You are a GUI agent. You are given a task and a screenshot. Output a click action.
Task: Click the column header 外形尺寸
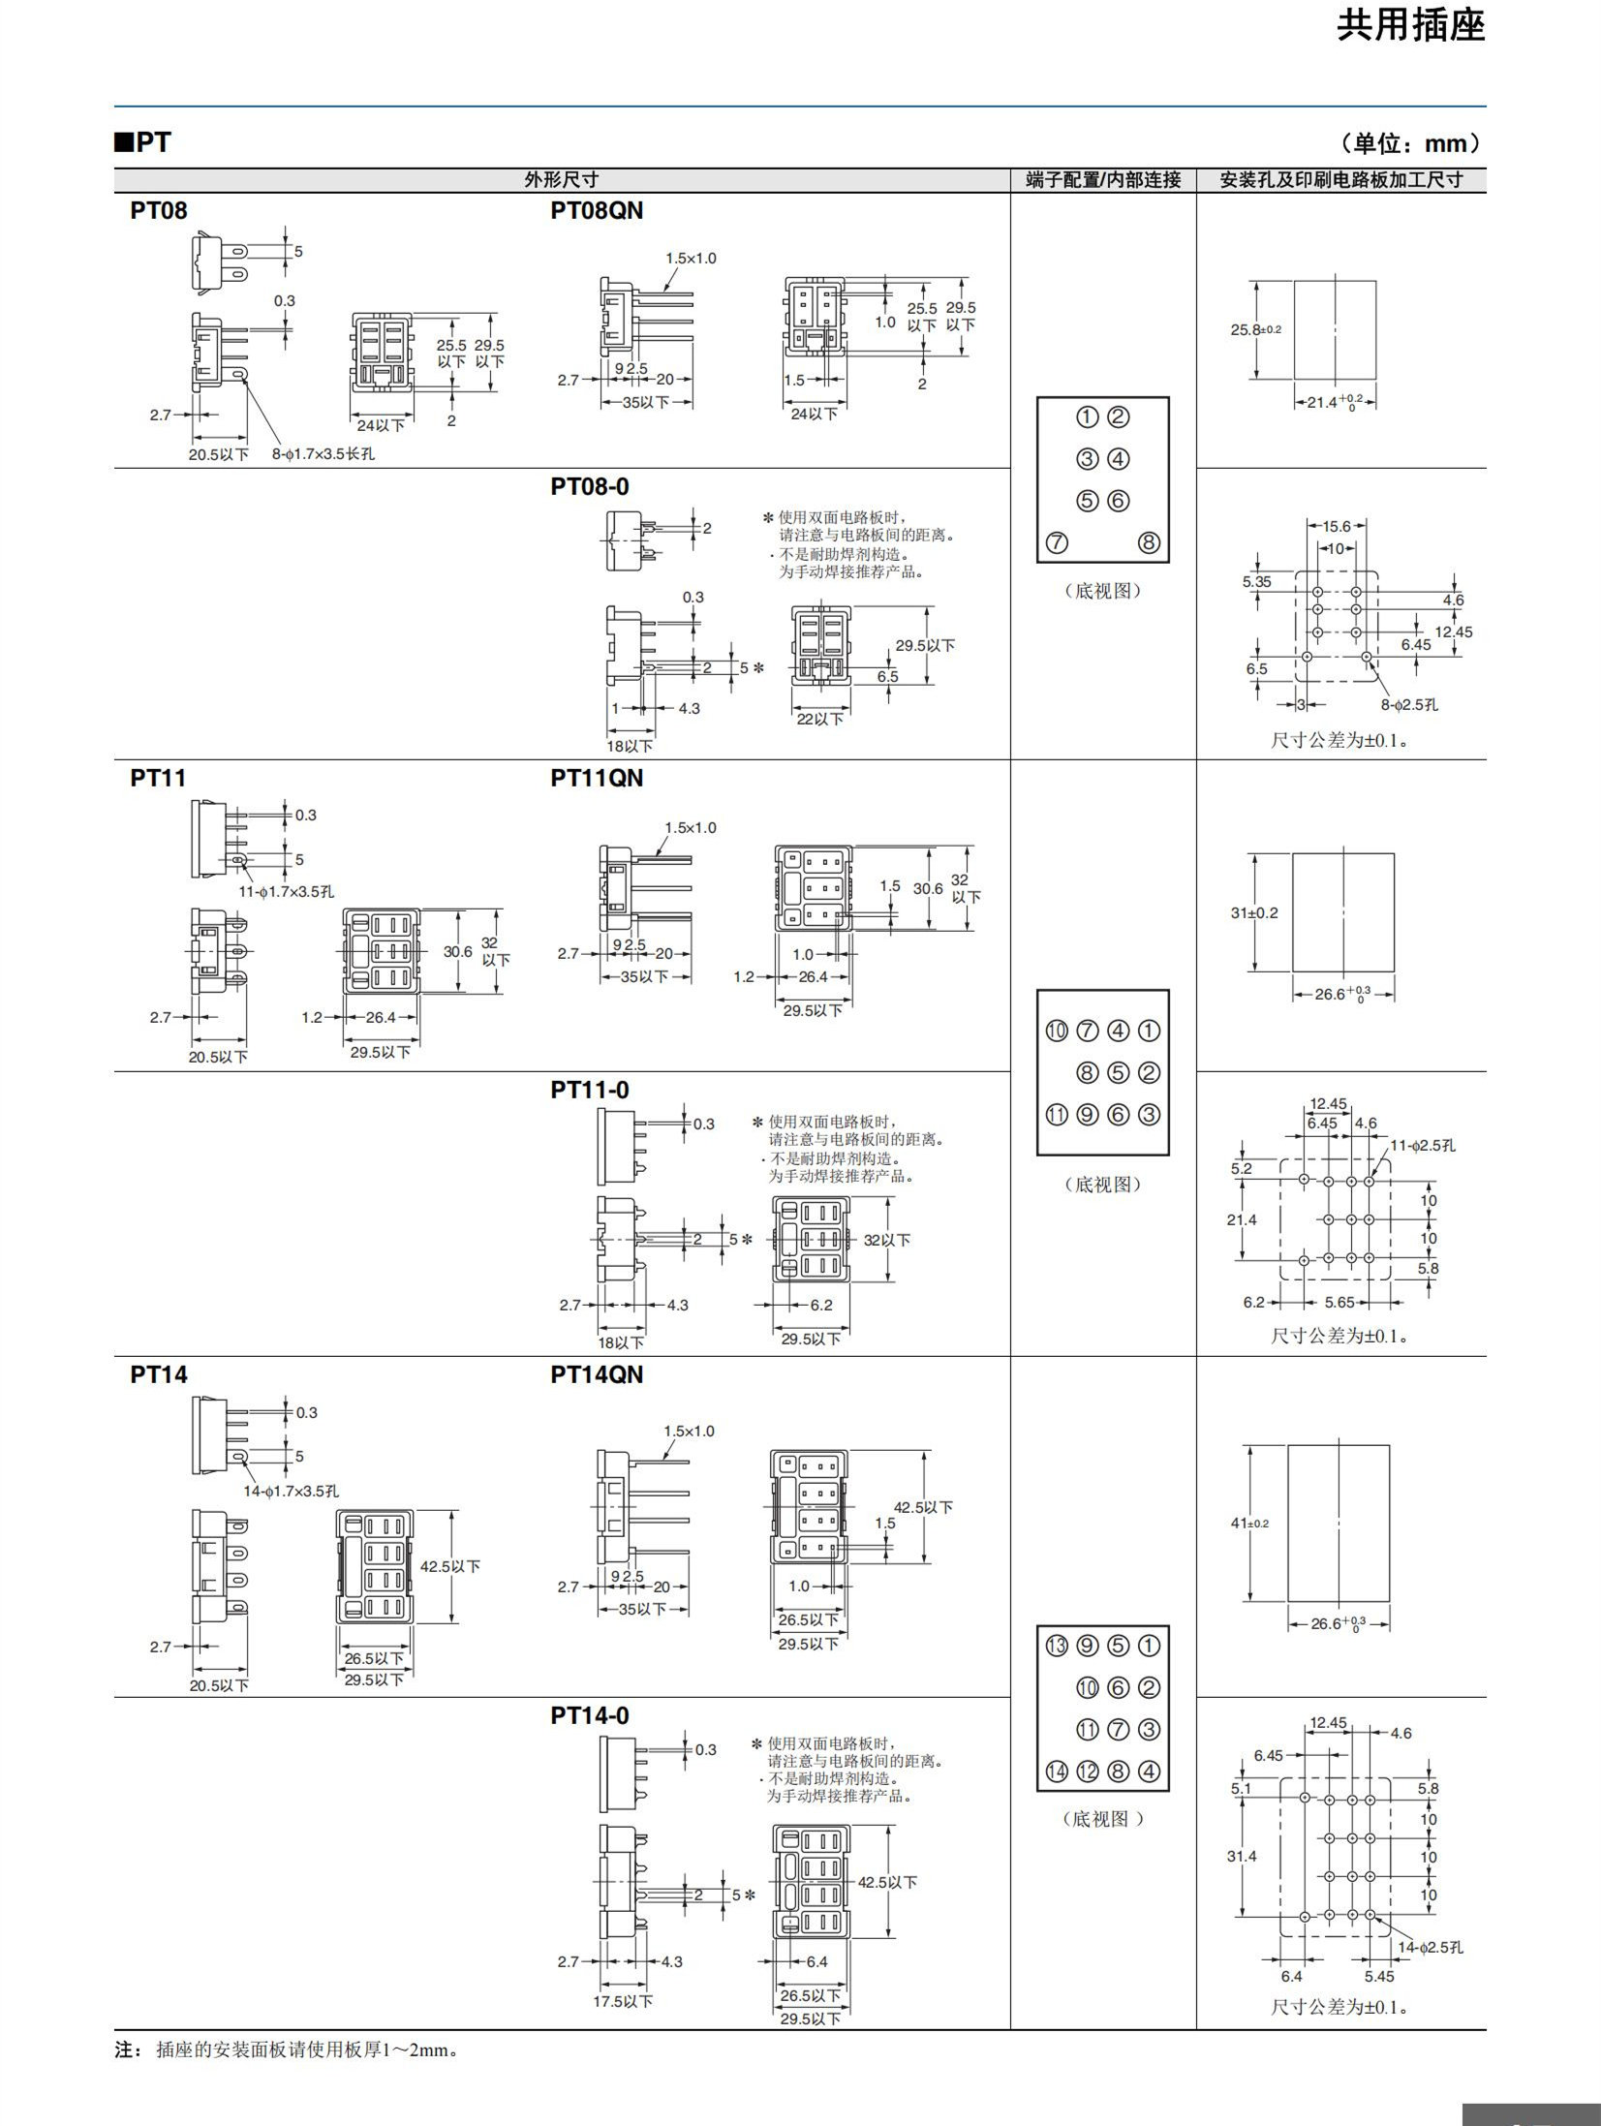coord(562,179)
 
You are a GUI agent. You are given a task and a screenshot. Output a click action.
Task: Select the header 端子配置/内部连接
coord(1103,179)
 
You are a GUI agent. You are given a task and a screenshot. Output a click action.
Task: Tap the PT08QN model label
coord(597,210)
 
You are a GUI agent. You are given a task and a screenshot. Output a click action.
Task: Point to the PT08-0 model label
coord(590,486)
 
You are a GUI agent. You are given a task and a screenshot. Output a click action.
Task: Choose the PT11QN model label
coord(597,778)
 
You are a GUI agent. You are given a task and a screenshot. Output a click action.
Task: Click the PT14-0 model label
coord(590,1715)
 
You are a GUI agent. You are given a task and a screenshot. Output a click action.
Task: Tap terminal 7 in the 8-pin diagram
coord(1058,542)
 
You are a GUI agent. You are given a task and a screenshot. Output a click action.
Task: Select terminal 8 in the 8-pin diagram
coord(1149,542)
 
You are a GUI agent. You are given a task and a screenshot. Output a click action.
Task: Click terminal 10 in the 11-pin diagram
coord(1057,1031)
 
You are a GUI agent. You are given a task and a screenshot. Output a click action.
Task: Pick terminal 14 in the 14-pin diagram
coord(1057,1772)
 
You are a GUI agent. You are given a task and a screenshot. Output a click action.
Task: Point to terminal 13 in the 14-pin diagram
coord(1057,1646)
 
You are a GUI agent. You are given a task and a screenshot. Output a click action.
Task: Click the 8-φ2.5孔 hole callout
coord(1410,704)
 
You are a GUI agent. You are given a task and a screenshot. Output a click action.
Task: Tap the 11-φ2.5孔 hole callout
coord(1424,1146)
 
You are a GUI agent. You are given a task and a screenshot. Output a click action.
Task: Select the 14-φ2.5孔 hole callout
coord(1431,1947)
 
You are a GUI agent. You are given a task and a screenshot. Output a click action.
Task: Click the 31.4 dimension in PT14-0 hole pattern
coord(1241,1856)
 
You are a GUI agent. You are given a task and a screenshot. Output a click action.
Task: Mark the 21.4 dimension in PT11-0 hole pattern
coord(1241,1219)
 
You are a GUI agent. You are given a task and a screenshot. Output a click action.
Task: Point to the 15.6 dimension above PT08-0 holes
coord(1336,526)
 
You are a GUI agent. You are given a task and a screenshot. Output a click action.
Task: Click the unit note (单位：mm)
coord(1411,144)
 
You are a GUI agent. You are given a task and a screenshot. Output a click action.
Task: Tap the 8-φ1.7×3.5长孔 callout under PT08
coord(323,453)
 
